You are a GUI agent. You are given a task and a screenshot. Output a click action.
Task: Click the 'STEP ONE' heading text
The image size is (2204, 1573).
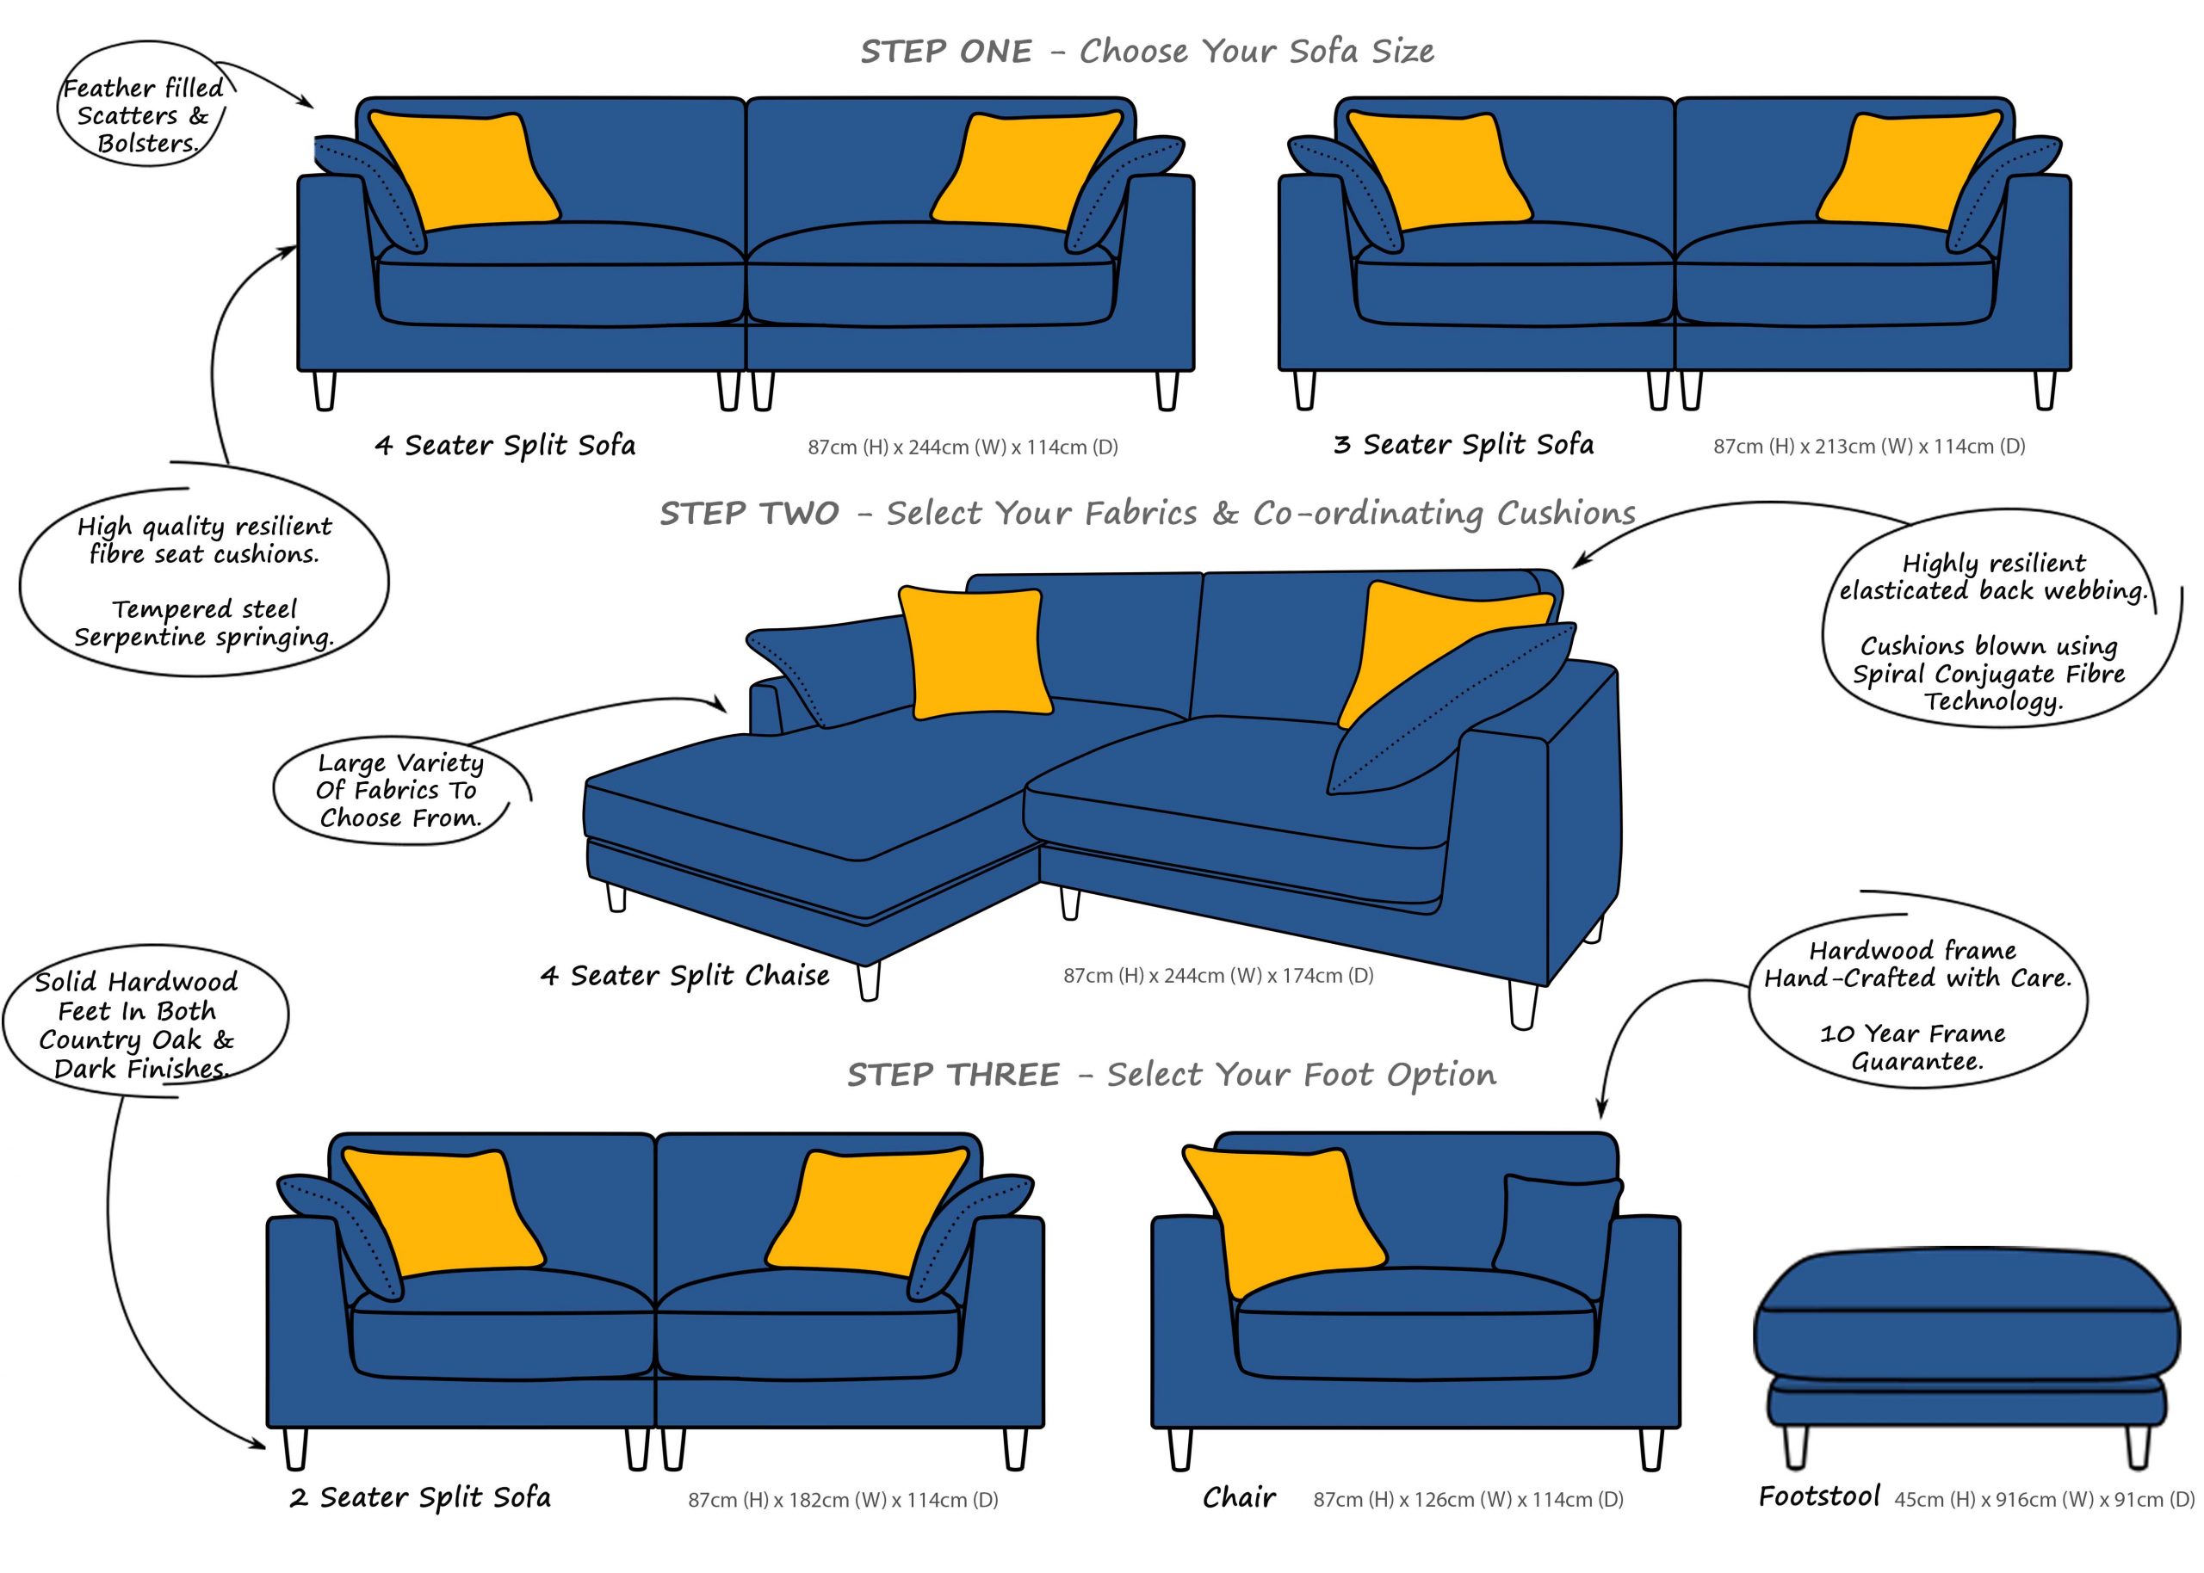click(945, 52)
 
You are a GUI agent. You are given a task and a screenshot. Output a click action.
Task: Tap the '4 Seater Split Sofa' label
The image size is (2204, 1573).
click(505, 446)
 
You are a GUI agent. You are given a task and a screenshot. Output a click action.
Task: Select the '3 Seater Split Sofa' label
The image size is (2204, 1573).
click(1463, 445)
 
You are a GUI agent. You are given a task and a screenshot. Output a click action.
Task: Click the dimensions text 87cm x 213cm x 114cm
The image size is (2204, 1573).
click(1869, 447)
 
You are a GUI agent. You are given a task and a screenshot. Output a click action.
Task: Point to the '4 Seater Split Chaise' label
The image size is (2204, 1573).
click(684, 975)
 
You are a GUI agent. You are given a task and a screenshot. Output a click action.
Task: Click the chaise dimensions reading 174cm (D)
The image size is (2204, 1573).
click(1217, 975)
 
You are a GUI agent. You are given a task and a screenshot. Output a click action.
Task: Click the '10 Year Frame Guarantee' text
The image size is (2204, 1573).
click(1916, 1047)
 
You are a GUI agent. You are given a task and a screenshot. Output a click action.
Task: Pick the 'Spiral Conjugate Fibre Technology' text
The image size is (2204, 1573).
click(1988, 673)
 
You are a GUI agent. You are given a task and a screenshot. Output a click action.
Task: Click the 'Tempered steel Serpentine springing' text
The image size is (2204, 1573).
click(203, 623)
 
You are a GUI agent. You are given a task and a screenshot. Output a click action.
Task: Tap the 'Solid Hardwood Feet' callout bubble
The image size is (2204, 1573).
click(138, 1024)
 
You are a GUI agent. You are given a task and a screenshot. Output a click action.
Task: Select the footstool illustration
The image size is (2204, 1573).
click(1966, 1347)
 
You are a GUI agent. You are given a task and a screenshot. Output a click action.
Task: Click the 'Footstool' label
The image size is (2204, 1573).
click(1818, 1496)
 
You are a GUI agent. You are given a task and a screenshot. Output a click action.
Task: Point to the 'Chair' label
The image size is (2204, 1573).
click(1238, 1497)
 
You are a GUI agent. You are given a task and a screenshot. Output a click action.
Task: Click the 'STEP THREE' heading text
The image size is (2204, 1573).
click(953, 1075)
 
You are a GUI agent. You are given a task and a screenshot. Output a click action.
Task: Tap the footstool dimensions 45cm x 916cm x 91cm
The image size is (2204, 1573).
click(2044, 1499)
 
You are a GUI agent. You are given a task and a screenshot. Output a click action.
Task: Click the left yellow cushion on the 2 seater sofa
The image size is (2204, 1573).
click(441, 1210)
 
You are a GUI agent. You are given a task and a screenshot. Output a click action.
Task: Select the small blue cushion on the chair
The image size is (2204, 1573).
click(1556, 1223)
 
